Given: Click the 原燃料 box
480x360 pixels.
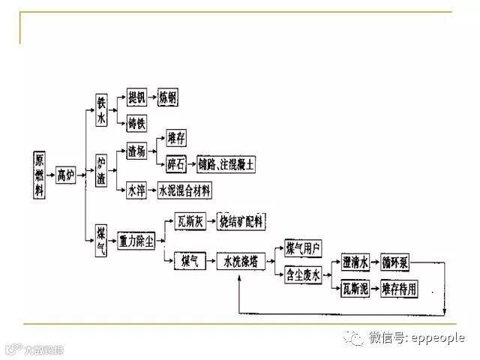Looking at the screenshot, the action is tap(40, 175).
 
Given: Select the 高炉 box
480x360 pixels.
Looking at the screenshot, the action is tap(67, 175).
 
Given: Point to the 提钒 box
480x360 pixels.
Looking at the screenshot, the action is tap(136, 97).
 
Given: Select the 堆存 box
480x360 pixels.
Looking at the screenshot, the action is tap(176, 137).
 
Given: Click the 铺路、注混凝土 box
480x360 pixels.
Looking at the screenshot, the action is tap(226, 161).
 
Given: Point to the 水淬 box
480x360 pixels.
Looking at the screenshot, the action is tap(136, 190).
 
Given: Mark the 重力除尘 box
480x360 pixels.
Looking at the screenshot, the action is tap(136, 241).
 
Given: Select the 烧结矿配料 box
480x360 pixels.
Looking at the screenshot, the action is tap(240, 220).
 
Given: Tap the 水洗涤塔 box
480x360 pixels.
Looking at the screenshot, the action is tap(241, 261).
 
